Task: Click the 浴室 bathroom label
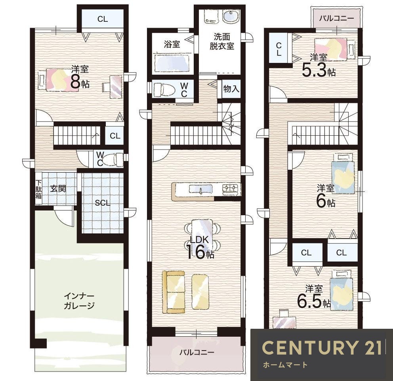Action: coord(172,44)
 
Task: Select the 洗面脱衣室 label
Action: coord(222,41)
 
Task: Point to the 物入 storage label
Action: coord(231,89)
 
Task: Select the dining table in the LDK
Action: coord(202,232)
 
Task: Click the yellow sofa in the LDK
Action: coord(174,292)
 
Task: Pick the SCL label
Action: coord(103,203)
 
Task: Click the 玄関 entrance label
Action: coord(58,188)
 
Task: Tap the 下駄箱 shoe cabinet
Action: coord(38,189)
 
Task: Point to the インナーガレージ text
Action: coord(79,301)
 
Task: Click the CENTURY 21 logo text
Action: coord(322,347)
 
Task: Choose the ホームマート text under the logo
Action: coord(285,364)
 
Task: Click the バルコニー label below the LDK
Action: coord(197,353)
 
